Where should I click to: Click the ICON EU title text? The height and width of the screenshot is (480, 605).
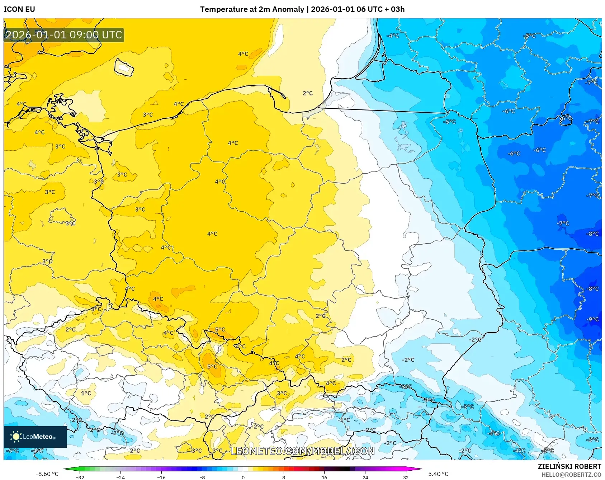tap(19, 9)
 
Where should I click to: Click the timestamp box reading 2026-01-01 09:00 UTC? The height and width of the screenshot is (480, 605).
tap(64, 35)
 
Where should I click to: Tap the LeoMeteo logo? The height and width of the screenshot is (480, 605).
tap(35, 437)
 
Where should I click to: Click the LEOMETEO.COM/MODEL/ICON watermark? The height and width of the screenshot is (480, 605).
tap(302, 451)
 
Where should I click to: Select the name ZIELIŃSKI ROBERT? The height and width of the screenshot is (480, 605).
tap(569, 466)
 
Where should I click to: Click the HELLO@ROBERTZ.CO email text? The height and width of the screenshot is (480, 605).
tap(571, 475)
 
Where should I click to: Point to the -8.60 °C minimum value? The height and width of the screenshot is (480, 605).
tap(47, 474)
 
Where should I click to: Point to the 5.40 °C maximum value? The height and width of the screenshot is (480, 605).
tap(438, 474)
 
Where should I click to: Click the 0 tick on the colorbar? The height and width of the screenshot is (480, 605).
tap(243, 477)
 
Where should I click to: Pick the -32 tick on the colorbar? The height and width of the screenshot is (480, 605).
tap(80, 477)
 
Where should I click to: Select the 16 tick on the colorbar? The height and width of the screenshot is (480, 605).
tap(324, 477)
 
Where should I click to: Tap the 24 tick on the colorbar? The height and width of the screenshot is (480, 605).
tap(365, 477)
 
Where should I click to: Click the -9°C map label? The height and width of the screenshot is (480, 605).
tap(592, 319)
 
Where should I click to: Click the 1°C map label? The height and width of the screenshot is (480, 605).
tap(86, 393)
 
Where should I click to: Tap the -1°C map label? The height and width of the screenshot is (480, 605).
tap(344, 420)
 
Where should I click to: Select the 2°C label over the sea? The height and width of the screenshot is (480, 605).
tap(308, 93)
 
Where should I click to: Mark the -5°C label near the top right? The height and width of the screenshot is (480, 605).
tap(530, 36)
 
